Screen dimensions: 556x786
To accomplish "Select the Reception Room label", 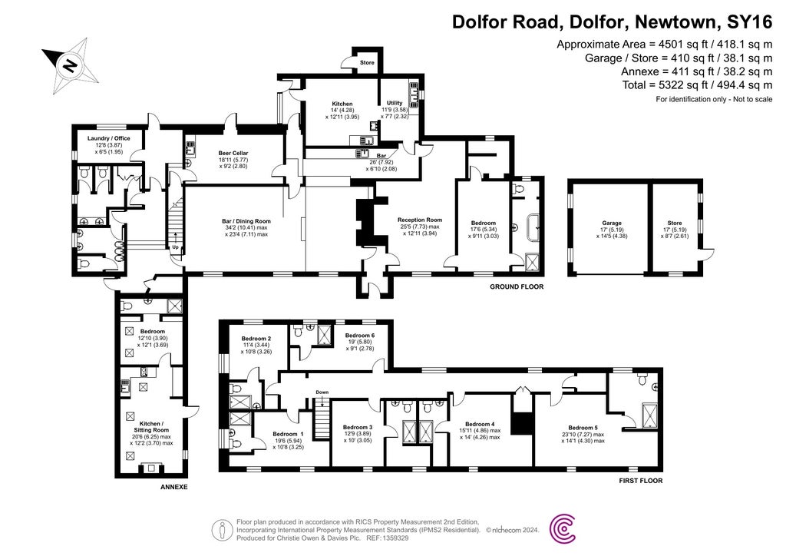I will (419, 220).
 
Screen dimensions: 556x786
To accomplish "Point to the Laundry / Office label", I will (109, 138).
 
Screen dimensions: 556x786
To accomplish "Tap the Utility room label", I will (395, 103).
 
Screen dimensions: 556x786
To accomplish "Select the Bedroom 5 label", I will (583, 428).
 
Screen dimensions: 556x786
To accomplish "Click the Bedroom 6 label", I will (359, 336).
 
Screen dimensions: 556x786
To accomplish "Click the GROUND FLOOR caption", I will (517, 287).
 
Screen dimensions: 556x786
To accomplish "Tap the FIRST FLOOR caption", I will (640, 481).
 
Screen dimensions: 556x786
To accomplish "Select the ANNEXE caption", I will (173, 488).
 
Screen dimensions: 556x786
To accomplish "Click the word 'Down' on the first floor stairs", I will (322, 392).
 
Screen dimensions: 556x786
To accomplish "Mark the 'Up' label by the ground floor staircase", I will (175, 247).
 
